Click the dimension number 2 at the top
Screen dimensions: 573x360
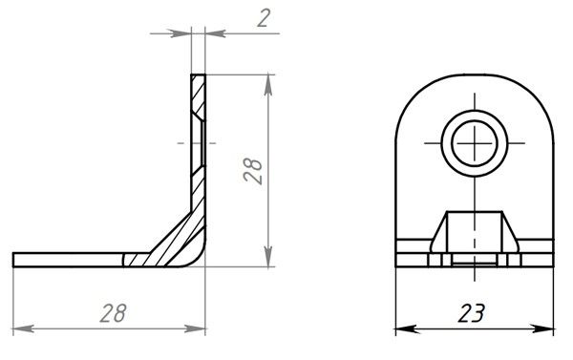click(264, 18)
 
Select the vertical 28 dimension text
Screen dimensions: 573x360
click(253, 171)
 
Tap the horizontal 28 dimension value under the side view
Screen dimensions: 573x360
click(114, 313)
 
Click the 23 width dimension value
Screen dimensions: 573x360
click(472, 313)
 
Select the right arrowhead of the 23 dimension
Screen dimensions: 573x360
click(542, 328)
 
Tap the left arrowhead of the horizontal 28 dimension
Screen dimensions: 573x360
click(24, 328)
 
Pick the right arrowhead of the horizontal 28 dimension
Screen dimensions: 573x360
click(195, 328)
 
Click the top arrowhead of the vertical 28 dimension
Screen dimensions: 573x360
click(268, 86)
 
